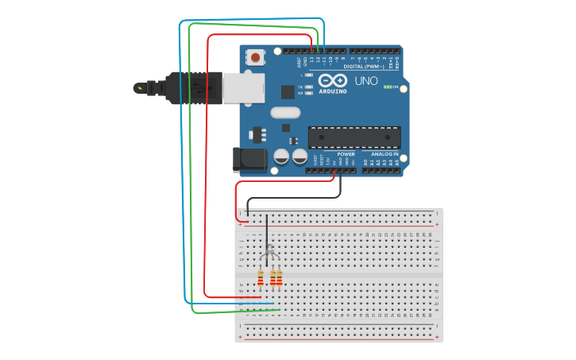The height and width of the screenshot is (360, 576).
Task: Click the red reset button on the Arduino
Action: tap(255, 57)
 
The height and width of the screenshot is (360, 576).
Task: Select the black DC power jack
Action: tap(249, 159)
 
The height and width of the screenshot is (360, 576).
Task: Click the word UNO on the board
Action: tap(366, 81)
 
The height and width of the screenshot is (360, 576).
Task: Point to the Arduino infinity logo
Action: tap(333, 80)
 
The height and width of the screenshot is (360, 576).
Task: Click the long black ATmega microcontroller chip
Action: tap(354, 137)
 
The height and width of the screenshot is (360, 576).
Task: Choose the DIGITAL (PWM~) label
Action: tap(366, 67)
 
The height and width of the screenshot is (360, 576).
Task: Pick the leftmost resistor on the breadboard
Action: tap(260, 277)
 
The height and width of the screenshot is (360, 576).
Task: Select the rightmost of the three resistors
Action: tap(279, 277)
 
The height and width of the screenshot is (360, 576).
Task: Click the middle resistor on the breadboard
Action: tap(273, 277)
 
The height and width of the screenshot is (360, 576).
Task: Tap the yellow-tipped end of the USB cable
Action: tap(139, 87)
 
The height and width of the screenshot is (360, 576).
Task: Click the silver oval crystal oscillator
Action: tap(285, 112)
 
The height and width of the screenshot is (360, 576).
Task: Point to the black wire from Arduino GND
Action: tap(294, 198)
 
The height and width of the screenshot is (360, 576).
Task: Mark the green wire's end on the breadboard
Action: tap(279, 309)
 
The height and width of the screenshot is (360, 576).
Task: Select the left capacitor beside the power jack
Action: tap(281, 157)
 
